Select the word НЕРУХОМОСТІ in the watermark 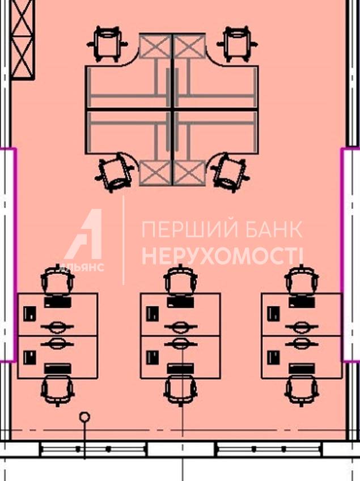pos(222,256)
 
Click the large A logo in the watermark pos(84,234)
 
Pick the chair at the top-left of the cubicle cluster pos(107,44)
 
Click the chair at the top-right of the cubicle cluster pos(237,44)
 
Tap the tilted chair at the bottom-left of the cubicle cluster pos(115,172)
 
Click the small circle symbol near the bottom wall pos(84,416)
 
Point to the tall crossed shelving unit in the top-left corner pos(23,40)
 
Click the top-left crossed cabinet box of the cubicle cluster pos(155,46)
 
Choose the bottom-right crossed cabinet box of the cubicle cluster pos(189,173)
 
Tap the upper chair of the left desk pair pos(58,280)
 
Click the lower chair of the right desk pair pos(302,390)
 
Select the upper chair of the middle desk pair pos(180,280)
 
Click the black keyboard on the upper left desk pos(58,302)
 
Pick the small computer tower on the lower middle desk pos(153,357)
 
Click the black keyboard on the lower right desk pos(302,368)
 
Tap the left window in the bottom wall pos(94,449)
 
